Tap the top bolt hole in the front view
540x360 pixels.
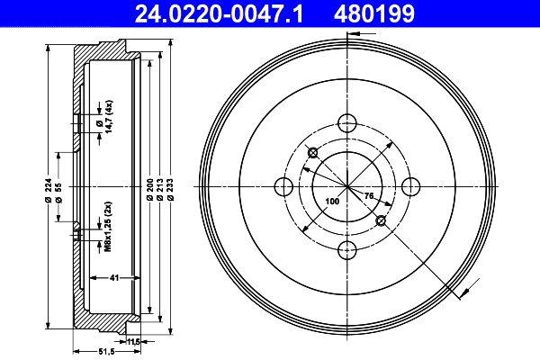coord(346,124)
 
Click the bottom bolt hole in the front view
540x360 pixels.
coord(346,250)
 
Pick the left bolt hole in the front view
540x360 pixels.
coord(283,187)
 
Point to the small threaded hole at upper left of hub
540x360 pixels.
coord(311,152)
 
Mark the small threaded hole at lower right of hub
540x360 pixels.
coord(381,221)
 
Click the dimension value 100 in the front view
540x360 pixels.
coord(332,202)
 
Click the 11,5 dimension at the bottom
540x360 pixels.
coord(135,342)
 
